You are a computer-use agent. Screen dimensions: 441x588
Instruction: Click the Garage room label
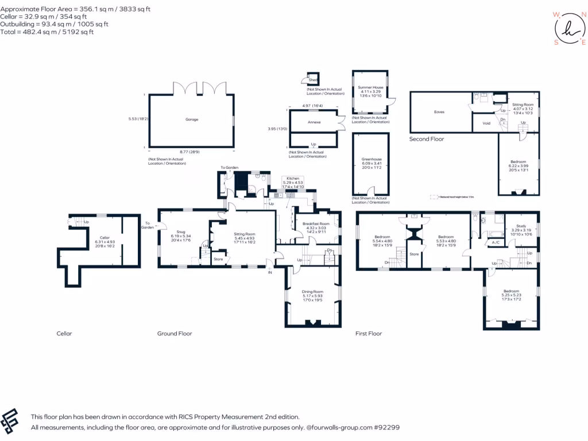[191, 119]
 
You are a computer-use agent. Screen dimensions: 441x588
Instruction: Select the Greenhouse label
[372, 159]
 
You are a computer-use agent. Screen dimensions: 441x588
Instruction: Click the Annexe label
[314, 122]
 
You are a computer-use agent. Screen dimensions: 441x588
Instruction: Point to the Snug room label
[180, 233]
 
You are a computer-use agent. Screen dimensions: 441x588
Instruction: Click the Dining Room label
[313, 292]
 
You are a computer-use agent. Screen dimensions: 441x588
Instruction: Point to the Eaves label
[439, 112]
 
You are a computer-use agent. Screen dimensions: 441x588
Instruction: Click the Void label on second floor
[486, 123]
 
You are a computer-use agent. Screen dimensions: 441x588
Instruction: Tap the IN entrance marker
[269, 272]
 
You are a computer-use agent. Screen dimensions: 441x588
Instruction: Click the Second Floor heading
[427, 139]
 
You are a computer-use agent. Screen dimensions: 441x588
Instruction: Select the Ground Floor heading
[175, 334]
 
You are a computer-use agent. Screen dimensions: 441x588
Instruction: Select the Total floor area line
[47, 32]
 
